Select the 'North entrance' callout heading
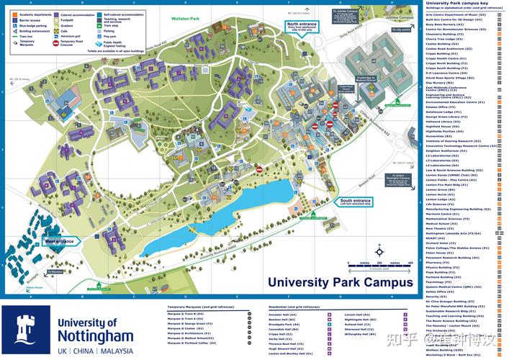coord(302,24)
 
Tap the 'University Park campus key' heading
coord(456,4)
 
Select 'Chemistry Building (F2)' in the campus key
coord(444,34)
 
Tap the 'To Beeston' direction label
coord(74,273)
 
